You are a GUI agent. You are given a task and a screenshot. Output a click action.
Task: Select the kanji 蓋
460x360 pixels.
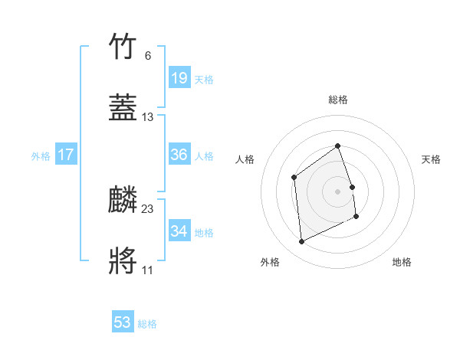point(123,109)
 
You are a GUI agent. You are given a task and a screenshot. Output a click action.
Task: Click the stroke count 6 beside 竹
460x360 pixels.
point(148,56)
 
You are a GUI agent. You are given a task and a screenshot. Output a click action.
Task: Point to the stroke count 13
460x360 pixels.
point(148,117)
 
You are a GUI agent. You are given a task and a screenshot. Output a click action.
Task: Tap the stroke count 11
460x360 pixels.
point(148,270)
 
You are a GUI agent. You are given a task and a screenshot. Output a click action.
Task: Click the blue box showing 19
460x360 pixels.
point(179,78)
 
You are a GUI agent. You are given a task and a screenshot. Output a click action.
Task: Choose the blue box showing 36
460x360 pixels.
point(179,155)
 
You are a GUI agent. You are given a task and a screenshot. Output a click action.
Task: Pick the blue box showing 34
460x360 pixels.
point(179,231)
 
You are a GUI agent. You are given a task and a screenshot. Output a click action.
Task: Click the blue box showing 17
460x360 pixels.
point(66,155)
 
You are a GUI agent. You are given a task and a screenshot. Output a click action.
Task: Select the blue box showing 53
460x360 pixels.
point(123,323)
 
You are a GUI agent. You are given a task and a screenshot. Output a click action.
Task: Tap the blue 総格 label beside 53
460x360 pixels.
point(147,325)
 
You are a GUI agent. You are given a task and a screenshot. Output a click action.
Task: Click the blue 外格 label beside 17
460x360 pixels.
point(41,156)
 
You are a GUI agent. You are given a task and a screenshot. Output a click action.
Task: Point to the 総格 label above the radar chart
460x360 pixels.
point(338,100)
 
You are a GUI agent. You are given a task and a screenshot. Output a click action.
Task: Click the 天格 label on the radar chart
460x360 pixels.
point(431,159)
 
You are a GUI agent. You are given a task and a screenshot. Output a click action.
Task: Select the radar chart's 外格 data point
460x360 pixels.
point(301,242)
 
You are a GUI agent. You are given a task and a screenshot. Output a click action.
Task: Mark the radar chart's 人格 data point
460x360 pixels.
point(294,178)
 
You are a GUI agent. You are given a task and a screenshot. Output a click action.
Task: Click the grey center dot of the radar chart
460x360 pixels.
point(338,191)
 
